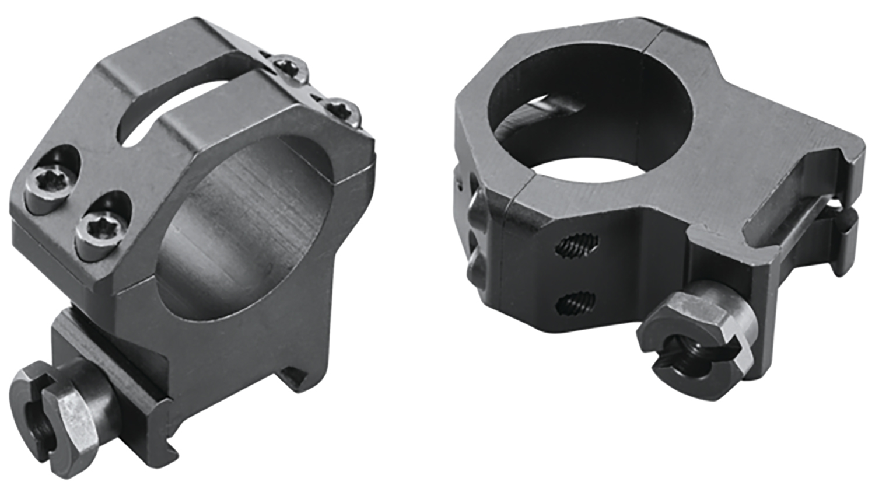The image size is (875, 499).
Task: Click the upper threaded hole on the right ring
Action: (577, 246)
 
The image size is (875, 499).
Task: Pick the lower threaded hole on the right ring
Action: (576, 303)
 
